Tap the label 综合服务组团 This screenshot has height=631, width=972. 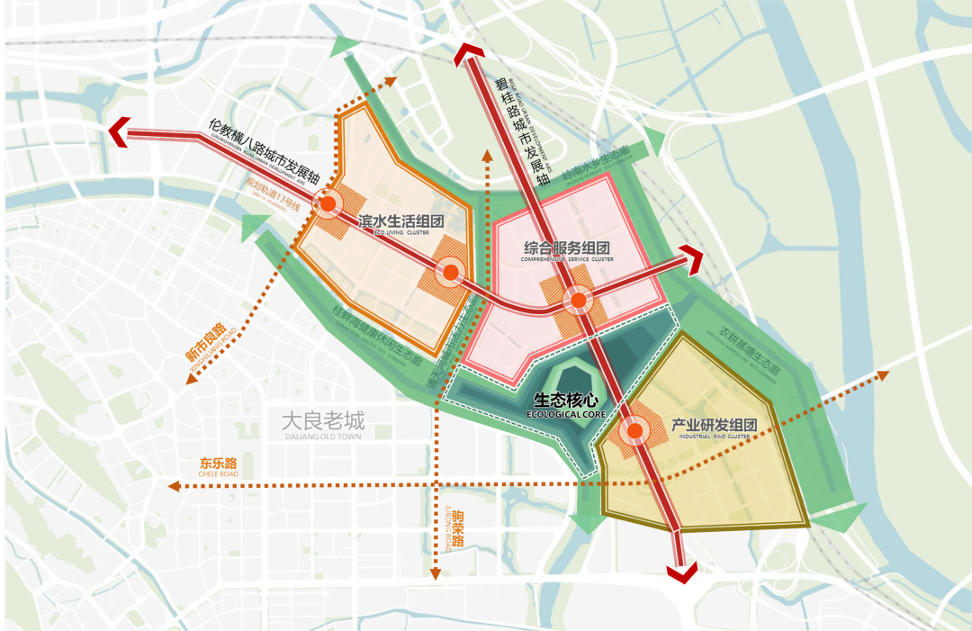[567, 248]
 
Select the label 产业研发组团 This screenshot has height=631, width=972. [715, 425]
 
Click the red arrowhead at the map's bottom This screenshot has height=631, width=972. [682, 571]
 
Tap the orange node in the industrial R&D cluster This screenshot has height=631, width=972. [635, 432]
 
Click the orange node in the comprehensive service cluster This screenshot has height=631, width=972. [575, 299]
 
